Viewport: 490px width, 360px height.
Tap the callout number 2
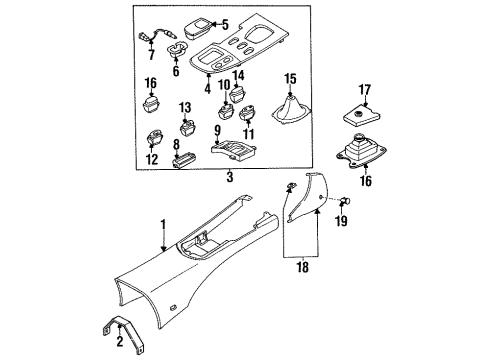point(120,341)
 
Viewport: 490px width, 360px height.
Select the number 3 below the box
point(230,177)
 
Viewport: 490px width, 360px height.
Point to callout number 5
point(225,25)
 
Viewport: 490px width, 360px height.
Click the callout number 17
point(365,90)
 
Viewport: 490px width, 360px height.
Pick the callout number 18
point(303,267)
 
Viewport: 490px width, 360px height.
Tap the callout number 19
point(341,220)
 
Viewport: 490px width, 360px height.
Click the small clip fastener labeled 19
point(345,200)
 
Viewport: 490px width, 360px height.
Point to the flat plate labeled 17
point(361,118)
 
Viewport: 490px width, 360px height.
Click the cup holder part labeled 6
point(177,49)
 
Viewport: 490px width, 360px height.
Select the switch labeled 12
point(154,138)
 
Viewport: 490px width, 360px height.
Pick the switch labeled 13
point(187,128)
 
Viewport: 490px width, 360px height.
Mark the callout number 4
point(208,88)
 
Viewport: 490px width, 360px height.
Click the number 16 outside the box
point(366,181)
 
